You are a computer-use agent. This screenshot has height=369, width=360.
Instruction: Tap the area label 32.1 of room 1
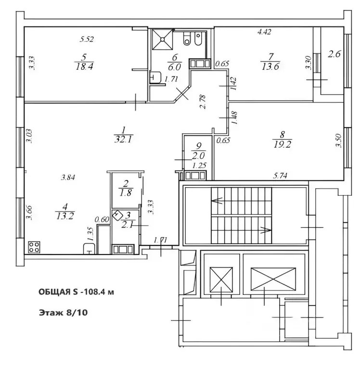point(124,140)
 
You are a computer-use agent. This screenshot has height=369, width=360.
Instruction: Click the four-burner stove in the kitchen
point(35,247)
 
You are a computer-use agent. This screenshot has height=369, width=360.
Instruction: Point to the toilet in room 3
point(117,216)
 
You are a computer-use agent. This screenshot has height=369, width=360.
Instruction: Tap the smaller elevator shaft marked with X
point(221,278)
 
